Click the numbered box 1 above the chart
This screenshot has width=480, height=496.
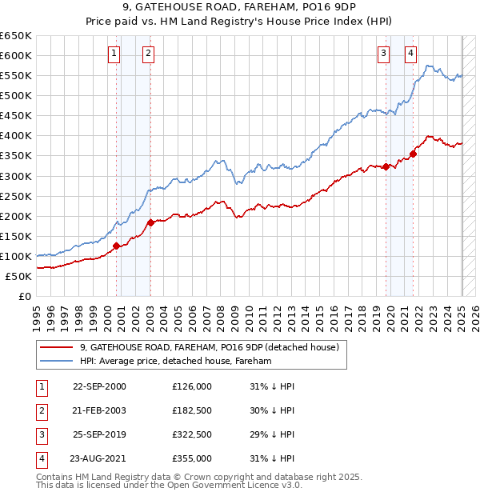[114, 54]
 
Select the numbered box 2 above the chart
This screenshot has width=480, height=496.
[149, 54]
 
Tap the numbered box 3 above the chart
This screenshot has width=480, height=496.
[384, 54]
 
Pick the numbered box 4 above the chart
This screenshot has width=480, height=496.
[410, 54]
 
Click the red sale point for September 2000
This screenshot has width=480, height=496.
[117, 246]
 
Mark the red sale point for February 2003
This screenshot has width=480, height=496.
[150, 222]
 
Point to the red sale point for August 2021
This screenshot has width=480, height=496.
[414, 154]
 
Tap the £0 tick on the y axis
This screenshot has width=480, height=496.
[26, 296]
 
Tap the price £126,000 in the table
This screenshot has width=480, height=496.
[192, 386]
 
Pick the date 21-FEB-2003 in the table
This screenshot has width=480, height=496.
[99, 410]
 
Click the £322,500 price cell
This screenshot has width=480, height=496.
[192, 434]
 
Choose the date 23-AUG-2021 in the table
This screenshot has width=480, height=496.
[99, 458]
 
